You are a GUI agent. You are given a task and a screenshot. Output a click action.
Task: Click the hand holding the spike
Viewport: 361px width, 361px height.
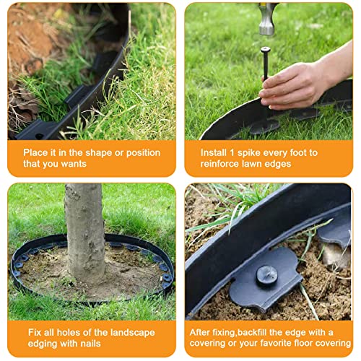pos(296,83)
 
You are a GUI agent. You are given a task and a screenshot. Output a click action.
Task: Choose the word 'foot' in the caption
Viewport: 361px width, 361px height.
pos(301,153)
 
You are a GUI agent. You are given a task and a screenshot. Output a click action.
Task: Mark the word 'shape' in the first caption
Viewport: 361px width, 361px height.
pos(93,153)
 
